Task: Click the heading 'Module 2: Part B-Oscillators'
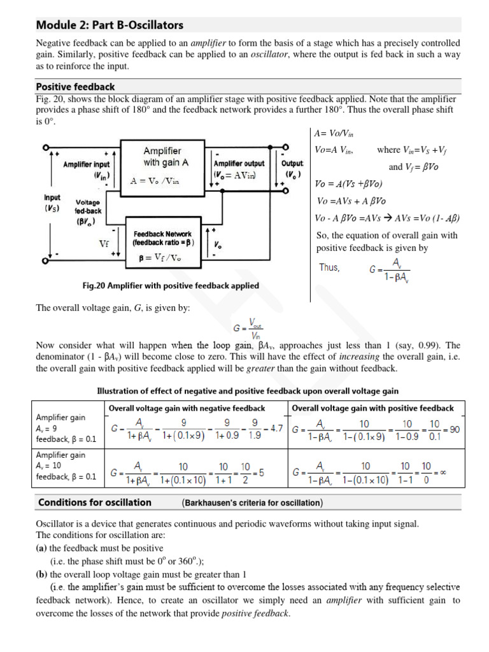(110, 25)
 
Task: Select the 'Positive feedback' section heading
(75, 87)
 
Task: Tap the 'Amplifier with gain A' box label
(162, 157)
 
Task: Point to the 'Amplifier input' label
(86, 164)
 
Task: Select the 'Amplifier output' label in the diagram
(239, 164)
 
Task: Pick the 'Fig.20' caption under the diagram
(171, 286)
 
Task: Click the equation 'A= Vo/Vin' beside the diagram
(334, 135)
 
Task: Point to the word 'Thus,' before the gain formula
(329, 268)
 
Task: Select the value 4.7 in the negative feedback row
(276, 429)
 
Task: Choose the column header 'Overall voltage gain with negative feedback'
(187, 408)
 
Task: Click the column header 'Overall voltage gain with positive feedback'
(372, 408)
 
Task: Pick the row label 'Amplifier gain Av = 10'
(60, 460)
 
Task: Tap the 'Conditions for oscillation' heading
(95, 502)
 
